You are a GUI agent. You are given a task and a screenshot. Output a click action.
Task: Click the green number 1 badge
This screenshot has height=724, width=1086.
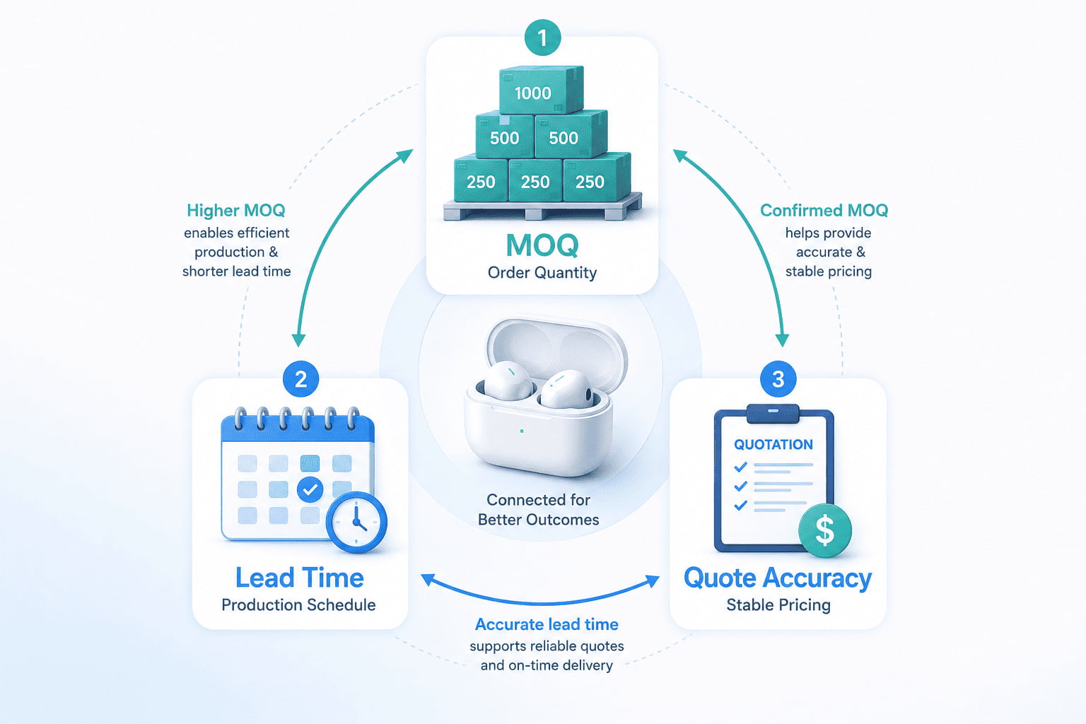(542, 37)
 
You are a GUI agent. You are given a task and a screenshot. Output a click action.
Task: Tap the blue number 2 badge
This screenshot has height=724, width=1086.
(300, 379)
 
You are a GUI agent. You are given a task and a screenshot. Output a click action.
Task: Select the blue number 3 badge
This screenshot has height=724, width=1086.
(778, 379)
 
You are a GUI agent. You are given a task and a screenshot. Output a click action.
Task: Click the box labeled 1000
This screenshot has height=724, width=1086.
(541, 90)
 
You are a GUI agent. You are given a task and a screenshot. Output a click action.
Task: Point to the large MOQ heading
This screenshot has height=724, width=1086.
(542, 245)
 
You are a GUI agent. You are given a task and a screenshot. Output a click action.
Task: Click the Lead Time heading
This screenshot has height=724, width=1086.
(300, 578)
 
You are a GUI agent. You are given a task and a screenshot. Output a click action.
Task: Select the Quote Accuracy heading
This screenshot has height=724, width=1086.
(778, 579)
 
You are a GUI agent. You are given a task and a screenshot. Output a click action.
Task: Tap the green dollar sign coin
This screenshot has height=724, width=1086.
(825, 530)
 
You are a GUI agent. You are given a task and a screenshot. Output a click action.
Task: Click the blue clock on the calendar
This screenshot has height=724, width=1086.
(357, 522)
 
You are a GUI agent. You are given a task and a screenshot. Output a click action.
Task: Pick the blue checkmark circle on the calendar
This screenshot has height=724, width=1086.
(310, 489)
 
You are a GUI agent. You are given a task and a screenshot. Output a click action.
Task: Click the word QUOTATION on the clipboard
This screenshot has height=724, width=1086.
(773, 444)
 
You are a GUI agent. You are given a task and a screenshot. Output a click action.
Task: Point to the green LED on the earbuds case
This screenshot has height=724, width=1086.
(522, 431)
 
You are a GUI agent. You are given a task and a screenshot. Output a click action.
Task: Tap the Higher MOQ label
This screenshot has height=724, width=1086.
(236, 211)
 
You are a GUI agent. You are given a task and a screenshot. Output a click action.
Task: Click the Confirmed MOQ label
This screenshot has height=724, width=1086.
(824, 211)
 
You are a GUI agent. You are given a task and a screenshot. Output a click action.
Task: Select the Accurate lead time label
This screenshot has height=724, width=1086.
(547, 624)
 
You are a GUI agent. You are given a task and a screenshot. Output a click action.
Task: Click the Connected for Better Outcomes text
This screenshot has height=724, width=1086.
(539, 510)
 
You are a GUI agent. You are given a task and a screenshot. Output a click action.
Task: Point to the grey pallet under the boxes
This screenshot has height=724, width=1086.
(543, 209)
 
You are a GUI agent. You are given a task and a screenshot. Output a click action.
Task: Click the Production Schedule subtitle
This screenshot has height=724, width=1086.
(298, 605)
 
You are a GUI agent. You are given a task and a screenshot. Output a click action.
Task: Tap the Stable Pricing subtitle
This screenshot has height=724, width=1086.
(778, 605)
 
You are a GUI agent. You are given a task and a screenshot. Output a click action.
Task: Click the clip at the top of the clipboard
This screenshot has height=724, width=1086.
(773, 413)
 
